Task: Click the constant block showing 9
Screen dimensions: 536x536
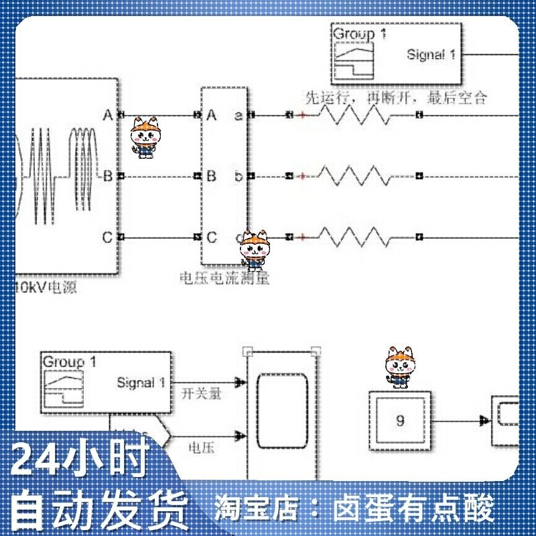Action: (x=401, y=421)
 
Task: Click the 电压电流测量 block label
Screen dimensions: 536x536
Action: (x=224, y=277)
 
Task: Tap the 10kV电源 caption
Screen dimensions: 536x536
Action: (x=46, y=289)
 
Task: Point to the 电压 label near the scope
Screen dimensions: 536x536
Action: (x=201, y=448)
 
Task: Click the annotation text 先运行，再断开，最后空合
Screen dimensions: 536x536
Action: (x=395, y=98)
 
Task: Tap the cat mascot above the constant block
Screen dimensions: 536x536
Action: (x=400, y=367)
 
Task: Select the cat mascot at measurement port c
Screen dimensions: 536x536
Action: (x=255, y=249)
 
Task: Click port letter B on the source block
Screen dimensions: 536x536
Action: (x=107, y=176)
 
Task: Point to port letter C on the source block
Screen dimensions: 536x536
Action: (x=107, y=237)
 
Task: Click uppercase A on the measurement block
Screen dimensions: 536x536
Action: (x=212, y=115)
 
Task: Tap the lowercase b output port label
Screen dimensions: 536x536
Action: (x=239, y=176)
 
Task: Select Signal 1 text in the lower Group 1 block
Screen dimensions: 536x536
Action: (x=141, y=383)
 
